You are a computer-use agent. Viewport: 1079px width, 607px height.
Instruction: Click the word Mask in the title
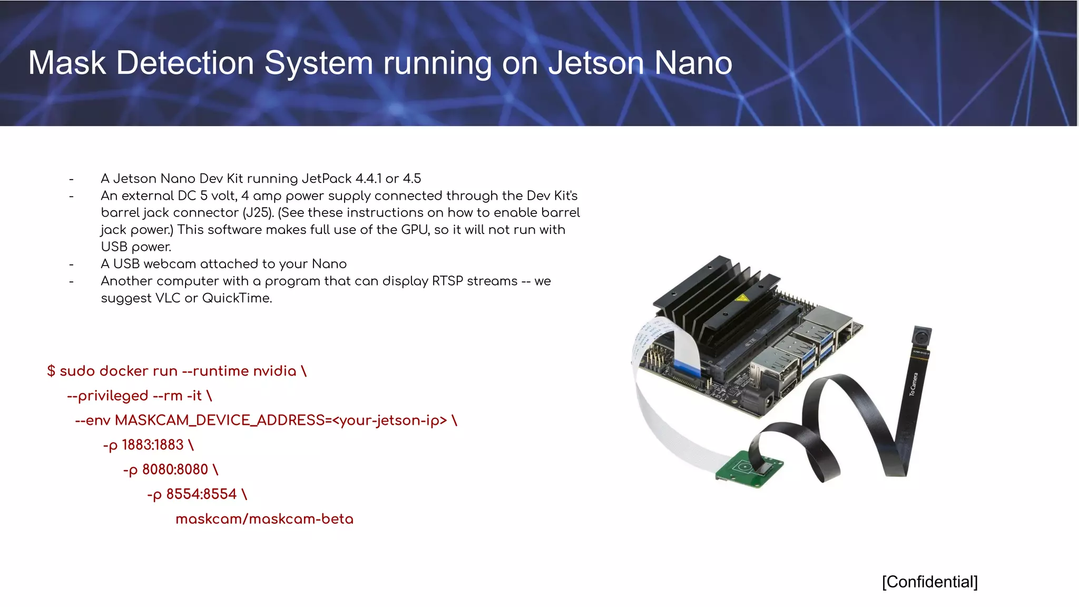coord(67,63)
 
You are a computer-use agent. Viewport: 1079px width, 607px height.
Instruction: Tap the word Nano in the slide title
coord(693,63)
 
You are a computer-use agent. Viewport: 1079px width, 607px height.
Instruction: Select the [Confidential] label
coord(929,582)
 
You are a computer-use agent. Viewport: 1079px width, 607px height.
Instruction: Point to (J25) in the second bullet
coord(258,213)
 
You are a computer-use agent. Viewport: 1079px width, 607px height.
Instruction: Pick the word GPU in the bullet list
coord(415,230)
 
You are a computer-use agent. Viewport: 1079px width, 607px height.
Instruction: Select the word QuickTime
coord(237,298)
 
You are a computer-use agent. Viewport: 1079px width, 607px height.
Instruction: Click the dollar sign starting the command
coord(51,371)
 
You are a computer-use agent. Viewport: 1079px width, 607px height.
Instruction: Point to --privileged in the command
coord(107,396)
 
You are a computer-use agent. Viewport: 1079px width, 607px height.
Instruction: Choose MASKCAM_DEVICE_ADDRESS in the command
coord(220,420)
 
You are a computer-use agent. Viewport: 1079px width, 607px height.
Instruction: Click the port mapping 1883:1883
coord(153,445)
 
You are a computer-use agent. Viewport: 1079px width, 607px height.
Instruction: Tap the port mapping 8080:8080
coord(175,469)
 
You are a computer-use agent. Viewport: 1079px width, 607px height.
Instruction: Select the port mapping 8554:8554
coord(201,494)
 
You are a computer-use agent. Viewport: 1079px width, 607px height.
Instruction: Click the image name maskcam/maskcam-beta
coord(264,519)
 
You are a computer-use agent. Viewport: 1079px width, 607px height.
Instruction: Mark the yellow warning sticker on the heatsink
coord(742,298)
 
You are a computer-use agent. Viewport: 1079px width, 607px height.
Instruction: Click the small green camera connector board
coord(748,467)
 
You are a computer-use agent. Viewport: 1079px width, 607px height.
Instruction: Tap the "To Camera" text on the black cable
coord(914,384)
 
